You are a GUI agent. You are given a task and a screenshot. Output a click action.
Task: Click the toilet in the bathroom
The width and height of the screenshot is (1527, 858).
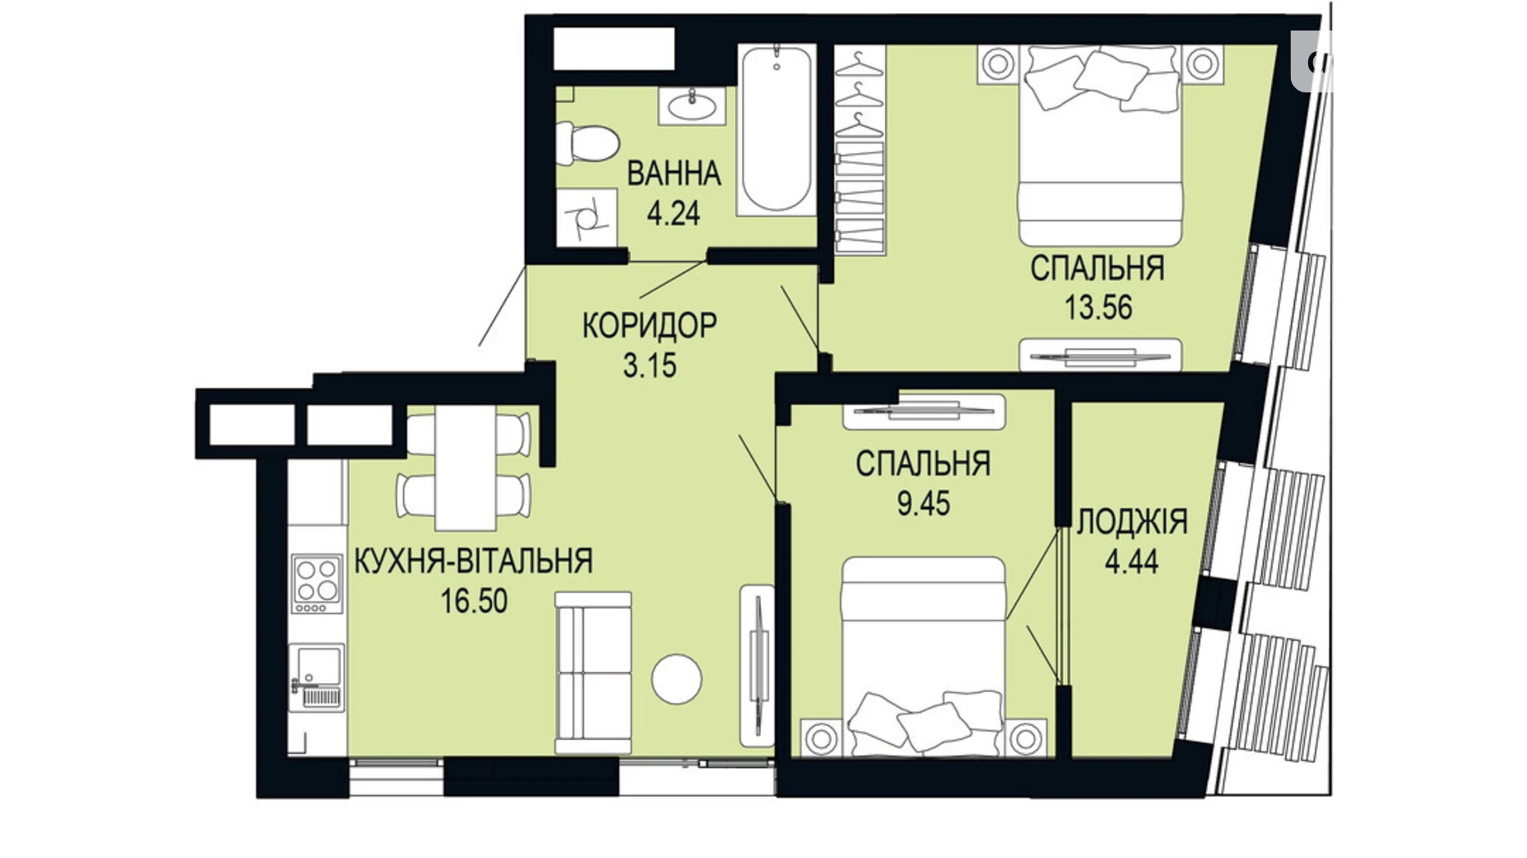588,143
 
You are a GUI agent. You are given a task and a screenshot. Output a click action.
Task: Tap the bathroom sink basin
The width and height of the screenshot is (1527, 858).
692,106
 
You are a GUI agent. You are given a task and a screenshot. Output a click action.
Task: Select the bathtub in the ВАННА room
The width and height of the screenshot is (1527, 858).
776,130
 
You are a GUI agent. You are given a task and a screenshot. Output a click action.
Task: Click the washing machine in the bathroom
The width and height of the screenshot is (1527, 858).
587,218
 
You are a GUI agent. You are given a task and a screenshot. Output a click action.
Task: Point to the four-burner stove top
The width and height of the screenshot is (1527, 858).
317,582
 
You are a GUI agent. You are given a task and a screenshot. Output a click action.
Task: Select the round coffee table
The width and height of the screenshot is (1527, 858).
676,678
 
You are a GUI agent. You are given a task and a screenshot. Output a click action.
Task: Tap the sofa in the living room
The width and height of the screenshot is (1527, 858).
593,672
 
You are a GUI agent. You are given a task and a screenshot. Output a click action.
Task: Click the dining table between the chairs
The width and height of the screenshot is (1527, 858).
466,468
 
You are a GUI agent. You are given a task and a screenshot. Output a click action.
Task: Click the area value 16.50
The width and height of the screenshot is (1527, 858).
474,601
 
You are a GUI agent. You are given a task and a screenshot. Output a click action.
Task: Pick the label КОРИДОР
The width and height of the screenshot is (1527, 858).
650,326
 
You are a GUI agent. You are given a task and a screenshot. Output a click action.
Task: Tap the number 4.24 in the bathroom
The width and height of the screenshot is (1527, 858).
674,214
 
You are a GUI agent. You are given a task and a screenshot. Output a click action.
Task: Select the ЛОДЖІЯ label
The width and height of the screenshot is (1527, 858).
1132,521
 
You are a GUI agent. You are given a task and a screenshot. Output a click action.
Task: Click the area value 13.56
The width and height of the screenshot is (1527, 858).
1098,308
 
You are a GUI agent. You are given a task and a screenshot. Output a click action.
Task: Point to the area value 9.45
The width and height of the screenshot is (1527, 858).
924,503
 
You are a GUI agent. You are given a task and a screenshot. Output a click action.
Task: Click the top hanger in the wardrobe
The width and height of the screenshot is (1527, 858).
859,64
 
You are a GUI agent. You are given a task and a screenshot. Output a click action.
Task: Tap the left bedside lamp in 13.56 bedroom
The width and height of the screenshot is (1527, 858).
998,64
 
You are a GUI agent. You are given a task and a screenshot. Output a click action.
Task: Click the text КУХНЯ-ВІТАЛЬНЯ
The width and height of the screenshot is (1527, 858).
474,561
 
